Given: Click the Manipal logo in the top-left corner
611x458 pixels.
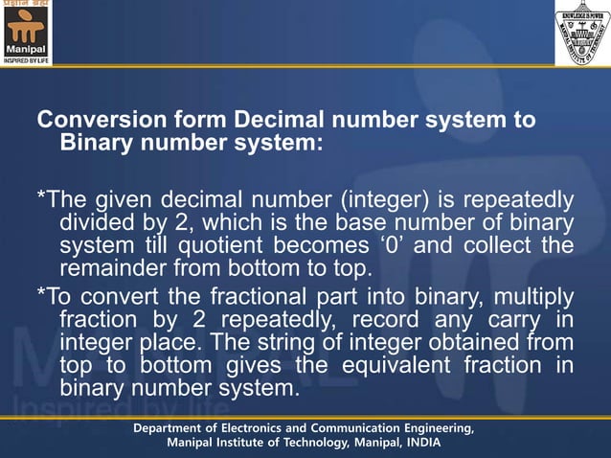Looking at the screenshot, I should (26, 33).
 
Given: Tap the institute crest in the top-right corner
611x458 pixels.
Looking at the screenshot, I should (582, 33).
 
